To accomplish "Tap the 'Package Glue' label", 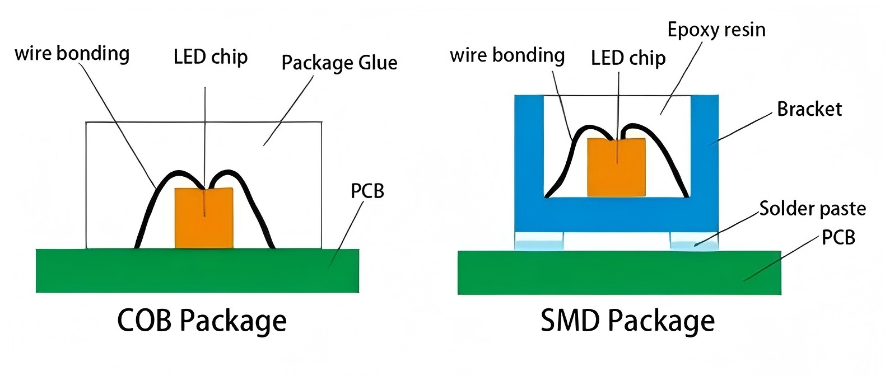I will (339, 63).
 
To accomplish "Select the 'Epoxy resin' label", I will (716, 30).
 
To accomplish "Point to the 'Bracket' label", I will (809, 109).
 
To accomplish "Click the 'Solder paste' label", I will (813, 209).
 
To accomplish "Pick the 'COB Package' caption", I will (202, 321).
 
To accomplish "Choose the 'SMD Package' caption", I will (627, 321).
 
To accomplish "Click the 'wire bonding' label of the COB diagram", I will (72, 54).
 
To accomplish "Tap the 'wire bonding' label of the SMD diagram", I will (507, 55).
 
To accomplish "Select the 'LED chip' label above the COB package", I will (211, 57).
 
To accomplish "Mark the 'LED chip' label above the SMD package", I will (628, 58).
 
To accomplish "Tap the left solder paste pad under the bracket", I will (539, 245).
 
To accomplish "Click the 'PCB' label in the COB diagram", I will (367, 191).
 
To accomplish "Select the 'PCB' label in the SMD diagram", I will (839, 238).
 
